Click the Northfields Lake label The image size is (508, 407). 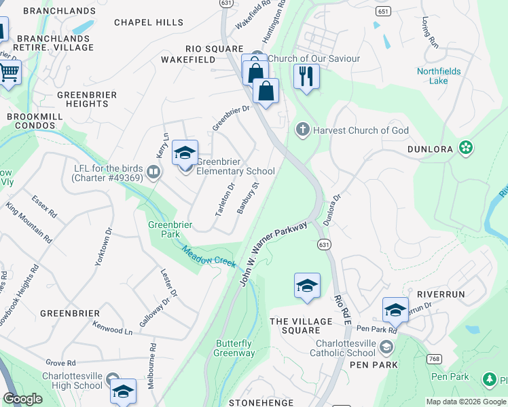(438, 76)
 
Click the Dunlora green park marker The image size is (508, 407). (465, 147)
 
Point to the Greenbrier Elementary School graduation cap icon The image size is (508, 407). (185, 153)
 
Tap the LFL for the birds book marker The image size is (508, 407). (153, 173)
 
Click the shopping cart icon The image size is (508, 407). (9, 72)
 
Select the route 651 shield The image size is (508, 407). (384, 12)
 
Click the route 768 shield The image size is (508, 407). (434, 357)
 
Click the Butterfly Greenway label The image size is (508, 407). (234, 349)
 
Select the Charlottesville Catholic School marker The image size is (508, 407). (386, 348)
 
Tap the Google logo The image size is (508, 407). (23, 399)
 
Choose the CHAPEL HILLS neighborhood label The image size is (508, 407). (143, 22)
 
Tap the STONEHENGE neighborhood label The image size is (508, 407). (261, 402)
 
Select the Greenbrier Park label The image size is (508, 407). (164, 229)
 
